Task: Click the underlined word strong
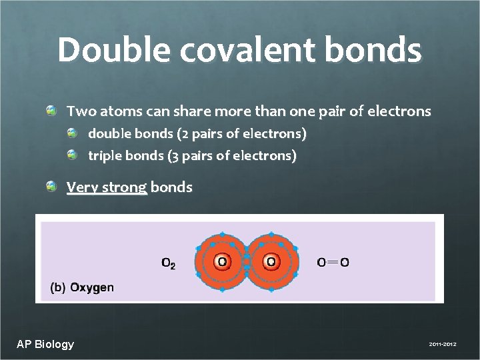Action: tap(124, 187)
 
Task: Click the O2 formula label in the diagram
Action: tap(169, 263)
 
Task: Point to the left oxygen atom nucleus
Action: tap(222, 262)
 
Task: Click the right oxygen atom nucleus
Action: tap(271, 262)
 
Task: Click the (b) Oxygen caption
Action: tap(83, 288)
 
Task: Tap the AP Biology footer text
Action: tap(45, 344)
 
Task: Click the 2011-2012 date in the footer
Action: tap(442, 345)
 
